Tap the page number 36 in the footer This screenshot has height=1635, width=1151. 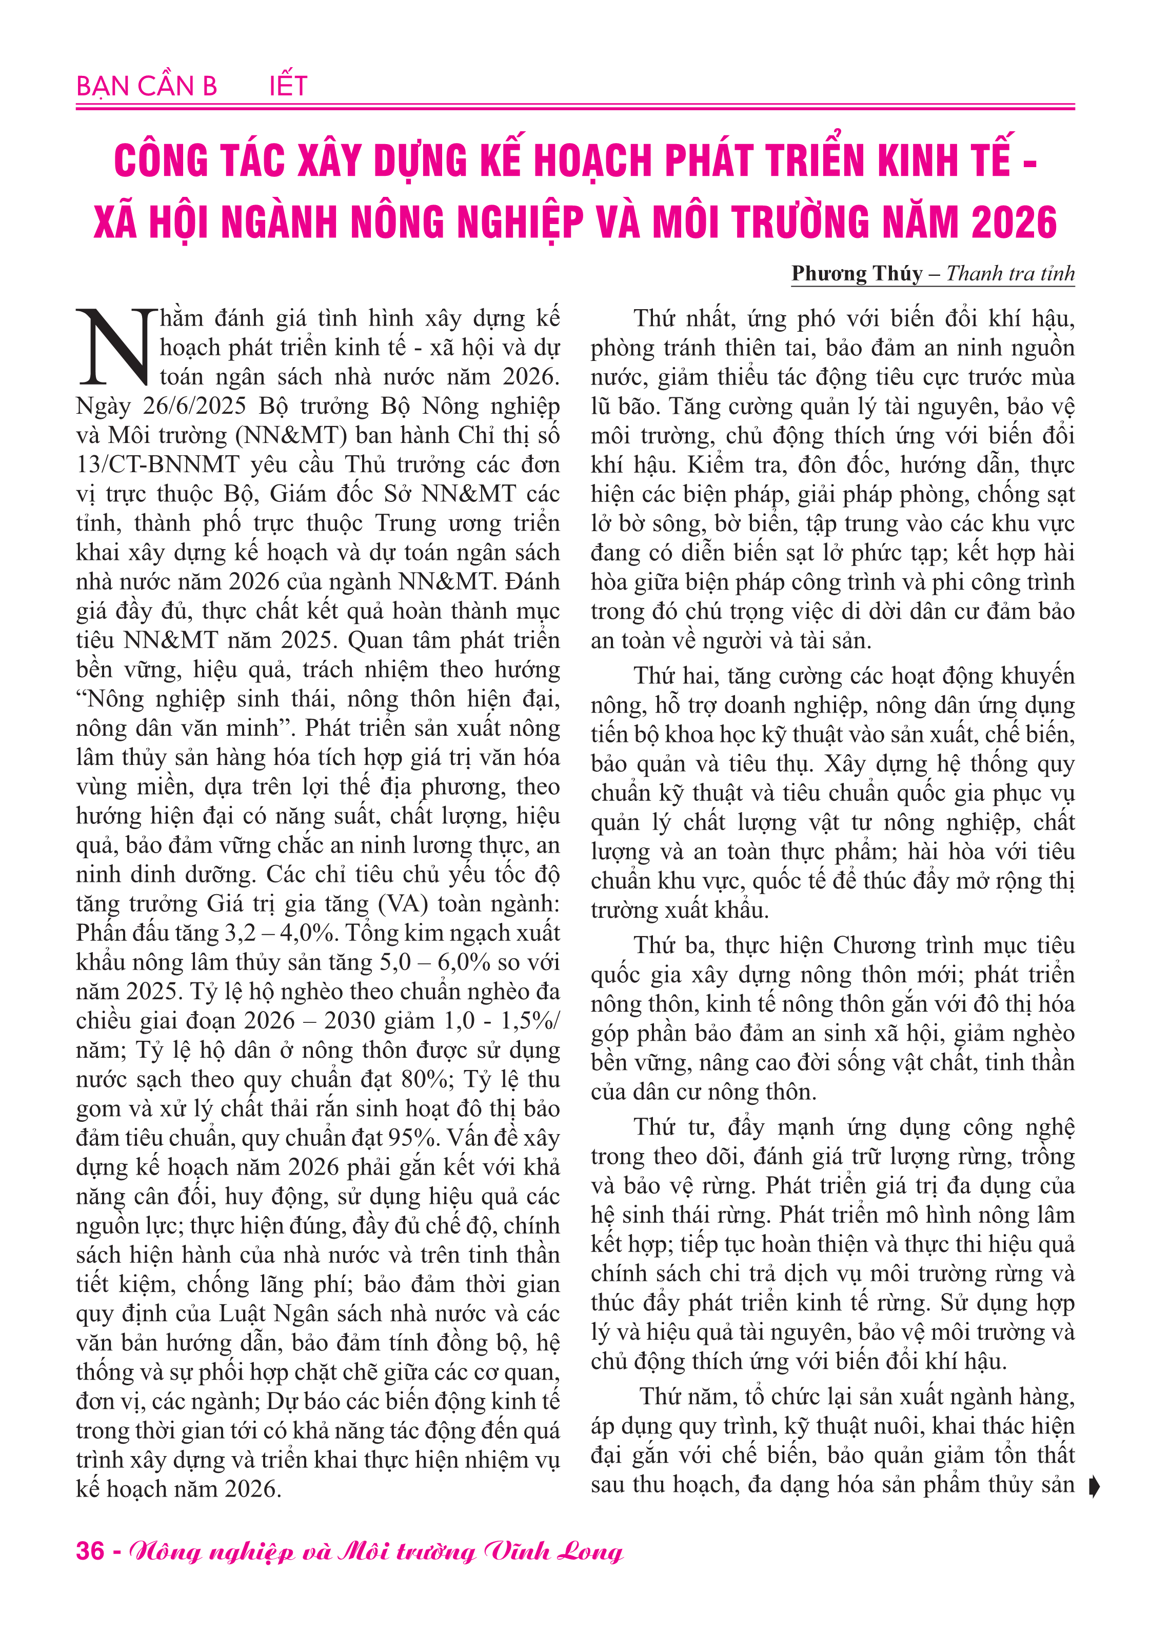pos(90,1550)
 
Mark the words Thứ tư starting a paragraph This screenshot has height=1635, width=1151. pos(668,1126)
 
